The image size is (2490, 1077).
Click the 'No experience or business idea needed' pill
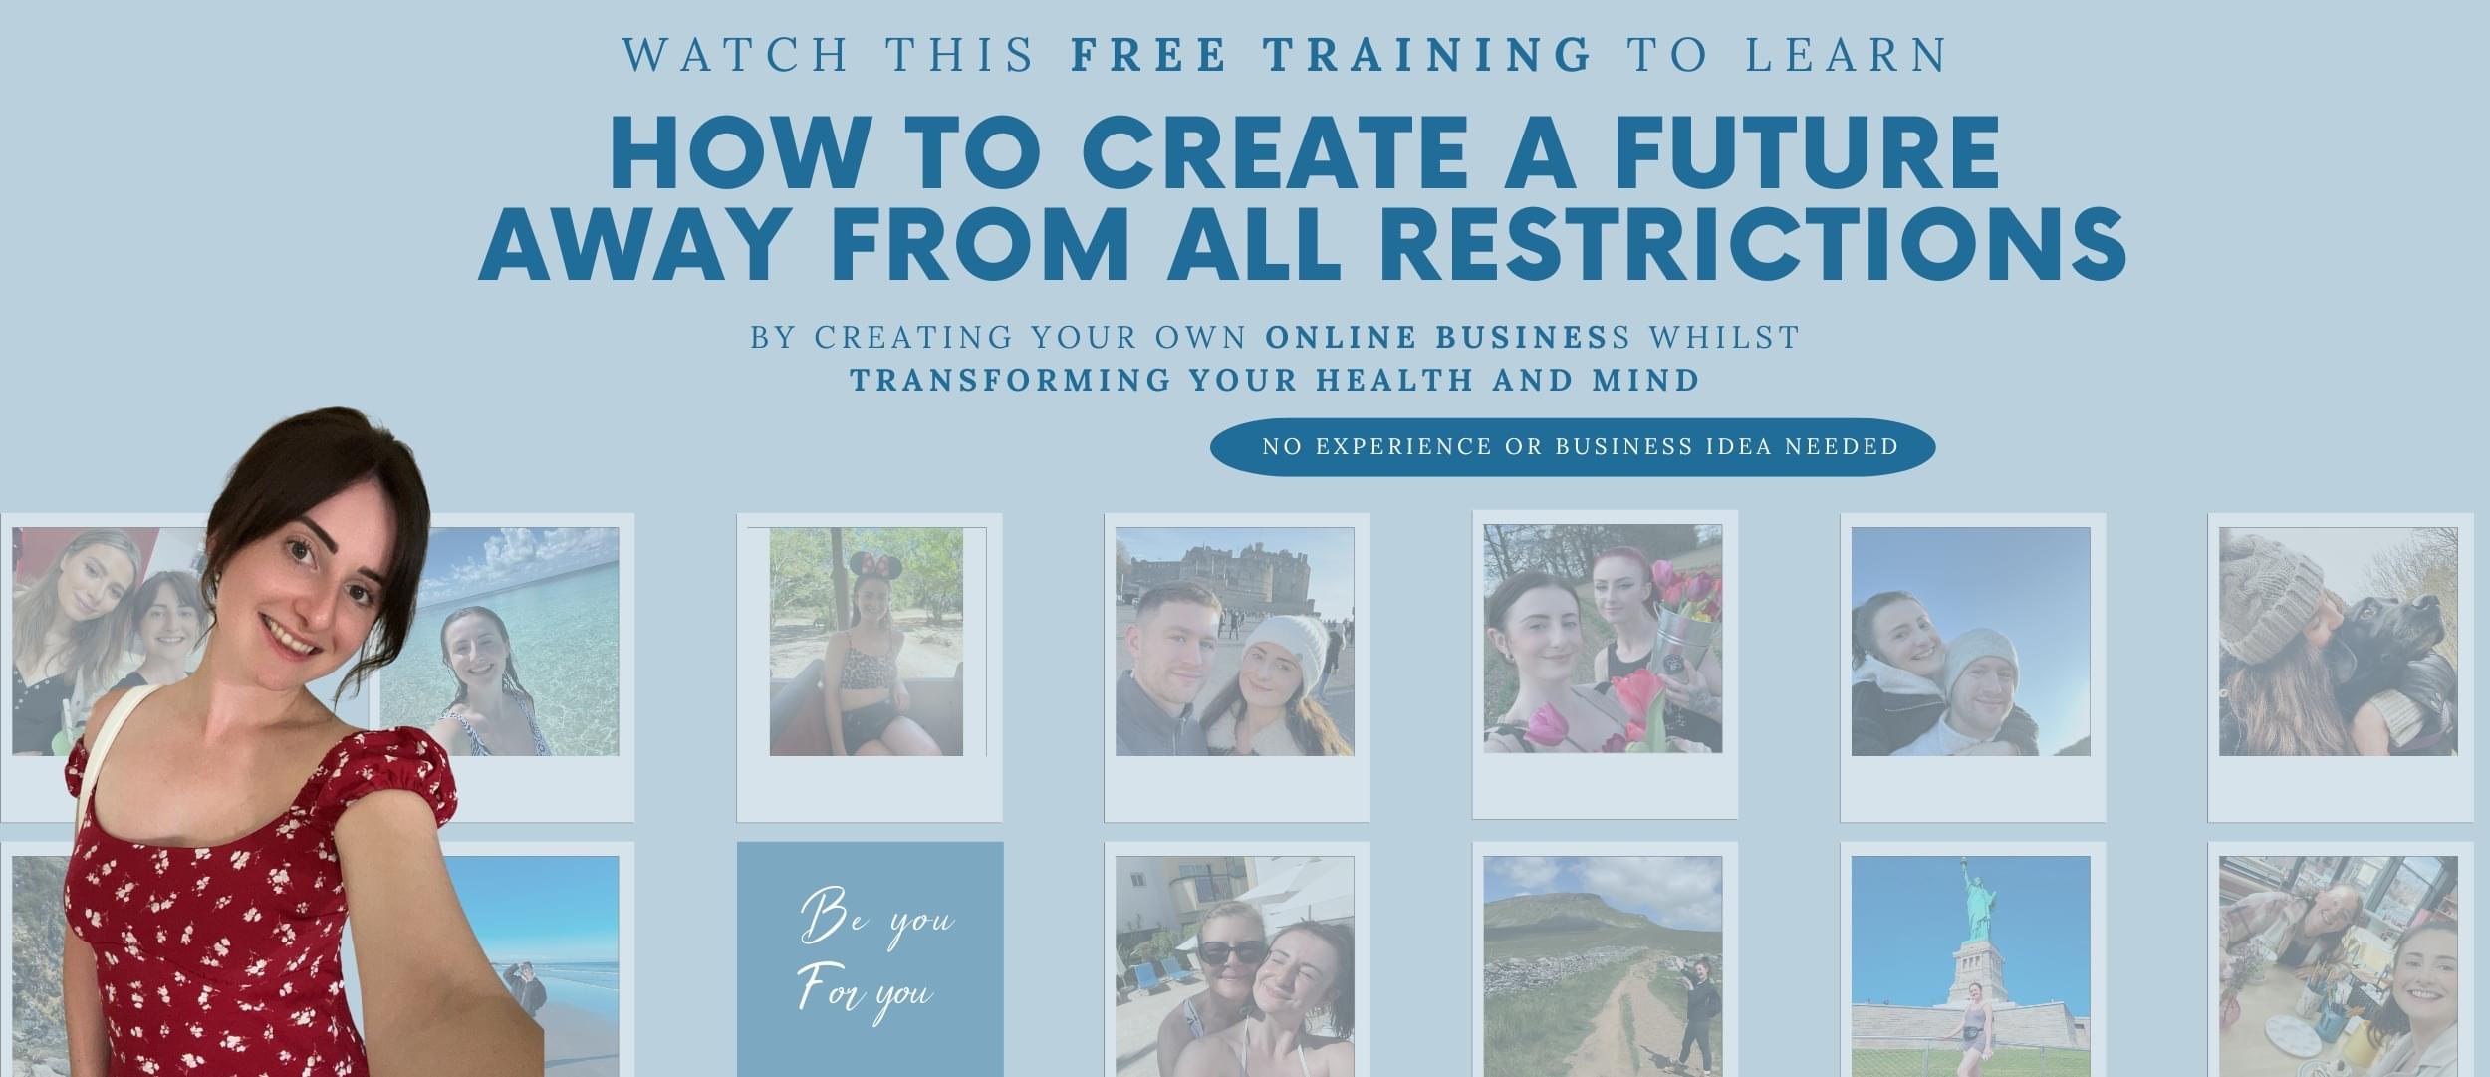point(1573,446)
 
